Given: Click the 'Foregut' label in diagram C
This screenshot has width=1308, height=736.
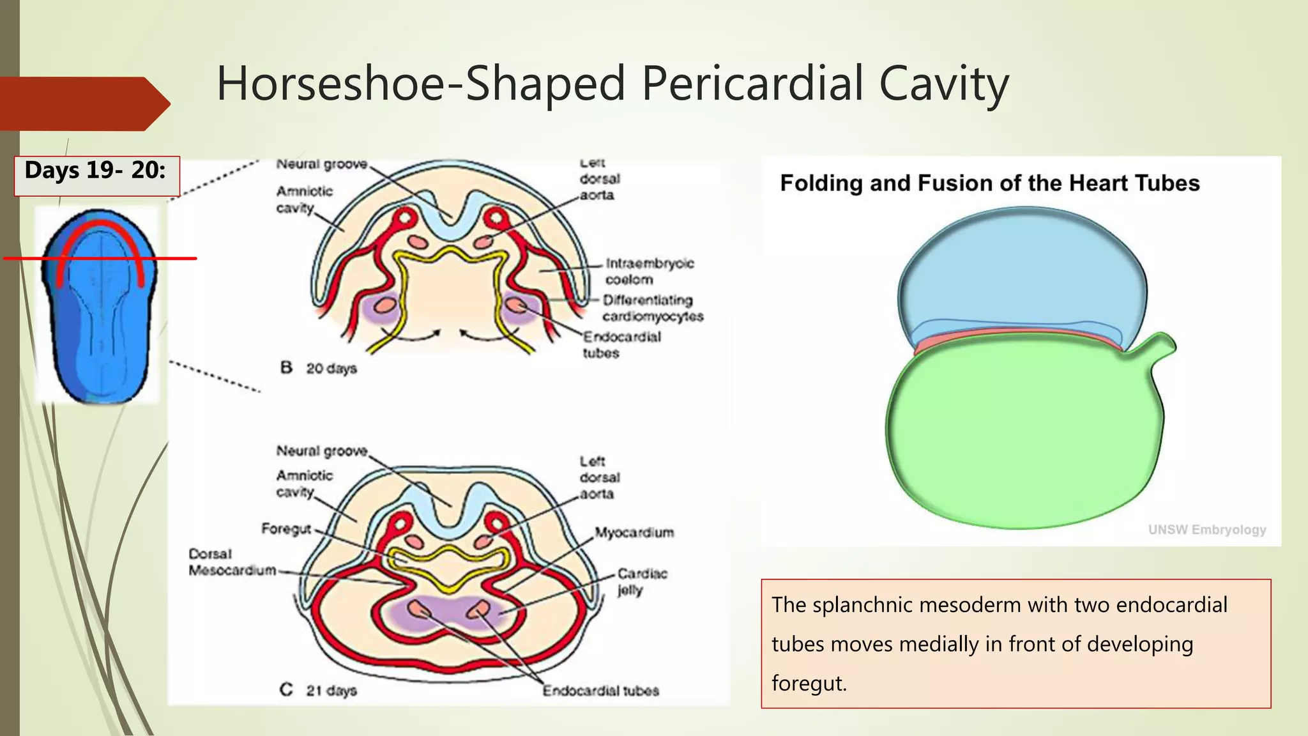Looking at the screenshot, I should click(285, 529).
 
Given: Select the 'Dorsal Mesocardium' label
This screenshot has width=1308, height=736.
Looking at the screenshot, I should click(232, 562).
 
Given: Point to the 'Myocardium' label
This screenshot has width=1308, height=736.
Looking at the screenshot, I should click(634, 533).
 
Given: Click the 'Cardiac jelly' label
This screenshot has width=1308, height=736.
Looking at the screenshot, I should click(641, 581).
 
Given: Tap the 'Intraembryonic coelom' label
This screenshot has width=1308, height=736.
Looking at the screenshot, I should click(649, 272).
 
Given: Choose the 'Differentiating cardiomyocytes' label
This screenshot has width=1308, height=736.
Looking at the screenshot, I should click(652, 308).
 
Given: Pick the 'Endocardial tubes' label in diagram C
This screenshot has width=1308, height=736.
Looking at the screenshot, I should click(600, 691).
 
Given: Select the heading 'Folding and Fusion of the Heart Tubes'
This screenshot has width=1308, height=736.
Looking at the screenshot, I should click(989, 184).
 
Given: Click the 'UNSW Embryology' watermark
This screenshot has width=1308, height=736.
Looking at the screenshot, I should click(1206, 530).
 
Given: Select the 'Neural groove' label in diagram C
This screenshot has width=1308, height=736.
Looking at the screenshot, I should click(322, 451).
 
